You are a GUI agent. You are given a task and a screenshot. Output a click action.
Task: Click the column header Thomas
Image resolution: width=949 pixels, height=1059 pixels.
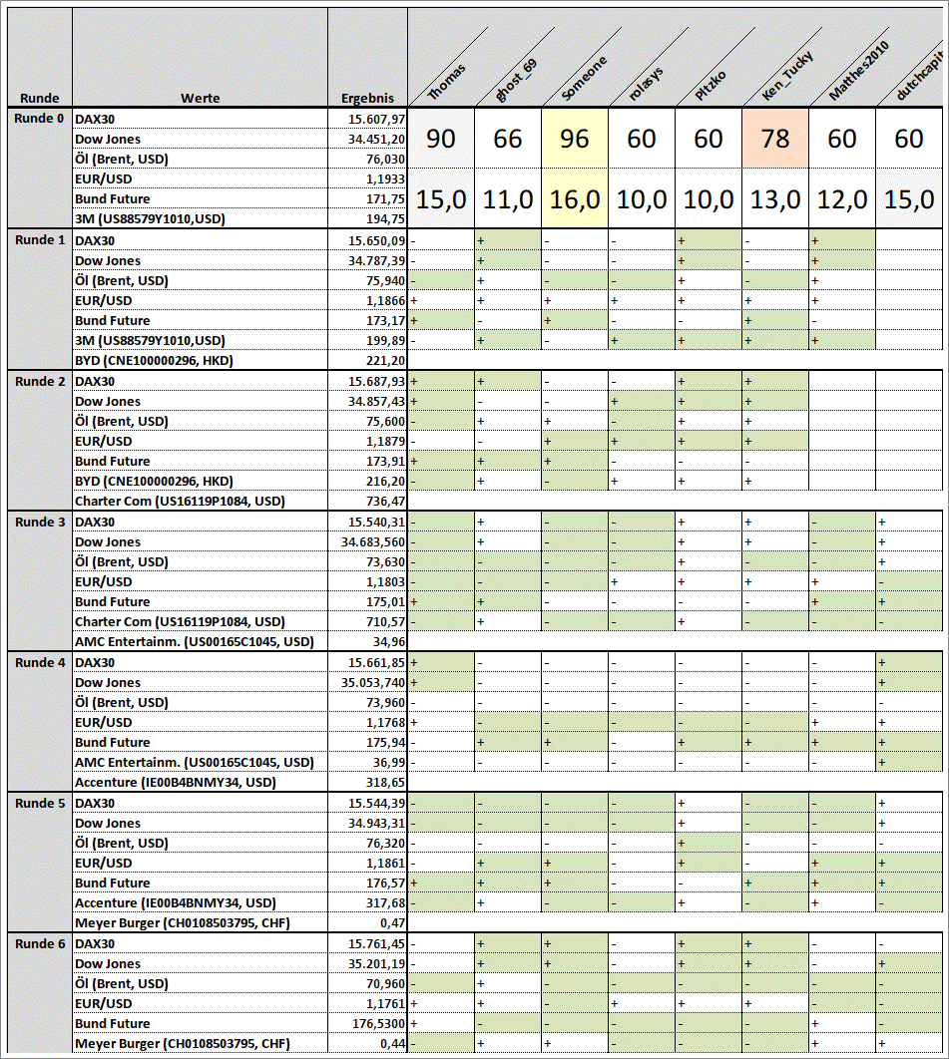447,80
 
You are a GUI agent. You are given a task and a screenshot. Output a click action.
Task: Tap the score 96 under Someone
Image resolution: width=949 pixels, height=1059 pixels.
575,139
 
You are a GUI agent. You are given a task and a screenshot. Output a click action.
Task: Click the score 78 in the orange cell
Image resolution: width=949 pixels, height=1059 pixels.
775,139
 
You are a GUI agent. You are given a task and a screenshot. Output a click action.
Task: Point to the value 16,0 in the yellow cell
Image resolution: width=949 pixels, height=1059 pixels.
575,199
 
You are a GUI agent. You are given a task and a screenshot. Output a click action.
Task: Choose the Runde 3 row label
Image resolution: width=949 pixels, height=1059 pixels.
40,522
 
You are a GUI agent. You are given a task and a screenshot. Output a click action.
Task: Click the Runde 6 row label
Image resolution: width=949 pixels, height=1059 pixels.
40,943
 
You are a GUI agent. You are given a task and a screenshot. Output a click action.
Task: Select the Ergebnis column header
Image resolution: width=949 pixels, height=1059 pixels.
367,98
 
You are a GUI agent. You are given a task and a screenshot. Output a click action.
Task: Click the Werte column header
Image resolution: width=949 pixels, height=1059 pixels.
200,98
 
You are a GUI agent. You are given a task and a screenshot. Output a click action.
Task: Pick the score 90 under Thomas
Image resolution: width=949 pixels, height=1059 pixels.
441,139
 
